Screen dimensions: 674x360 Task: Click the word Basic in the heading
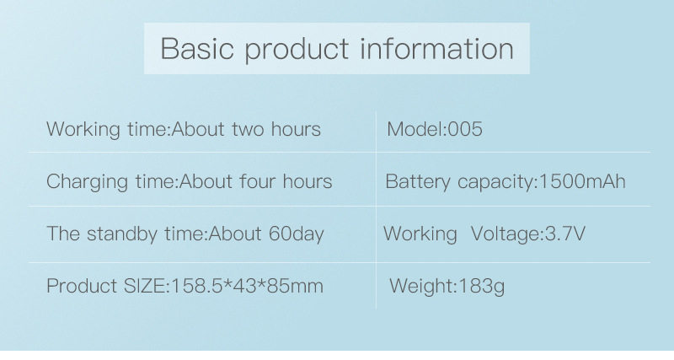[x=197, y=48]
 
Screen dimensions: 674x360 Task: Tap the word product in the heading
[x=297, y=50]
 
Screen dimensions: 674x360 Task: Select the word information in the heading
[x=436, y=48]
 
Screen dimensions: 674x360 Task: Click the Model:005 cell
[x=435, y=129]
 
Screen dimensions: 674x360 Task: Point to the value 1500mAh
[x=582, y=181]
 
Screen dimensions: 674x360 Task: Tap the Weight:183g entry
[x=447, y=286]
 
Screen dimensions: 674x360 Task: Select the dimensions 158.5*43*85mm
[x=247, y=286]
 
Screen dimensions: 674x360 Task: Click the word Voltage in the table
[x=505, y=234]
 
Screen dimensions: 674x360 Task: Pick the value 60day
[x=297, y=234]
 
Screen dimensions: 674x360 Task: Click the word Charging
[x=88, y=182]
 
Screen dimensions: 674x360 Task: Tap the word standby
[x=122, y=234]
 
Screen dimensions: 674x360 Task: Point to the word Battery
[x=418, y=182]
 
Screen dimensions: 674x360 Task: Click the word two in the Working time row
[x=244, y=130]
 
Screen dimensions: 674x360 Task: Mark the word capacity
[x=495, y=182]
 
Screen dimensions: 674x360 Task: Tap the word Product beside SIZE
[x=82, y=286]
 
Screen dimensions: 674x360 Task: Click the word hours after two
[x=296, y=129]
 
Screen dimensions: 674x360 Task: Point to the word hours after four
[x=308, y=181]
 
